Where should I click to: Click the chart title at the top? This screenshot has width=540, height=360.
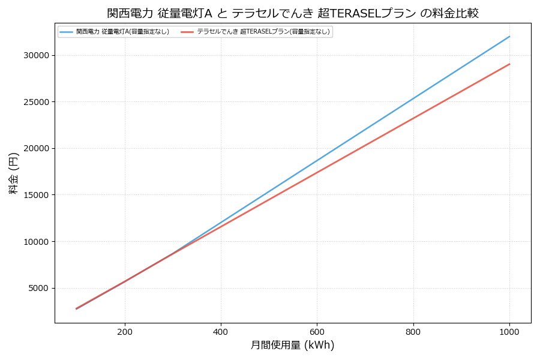point(293,13)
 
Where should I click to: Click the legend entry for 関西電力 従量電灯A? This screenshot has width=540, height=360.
point(122,32)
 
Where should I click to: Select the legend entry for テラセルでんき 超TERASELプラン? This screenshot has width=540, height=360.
point(263,32)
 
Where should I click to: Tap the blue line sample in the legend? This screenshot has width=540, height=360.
point(66,32)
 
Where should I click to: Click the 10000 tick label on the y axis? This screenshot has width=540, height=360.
point(37,242)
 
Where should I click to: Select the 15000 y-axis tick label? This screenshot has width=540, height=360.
point(37,195)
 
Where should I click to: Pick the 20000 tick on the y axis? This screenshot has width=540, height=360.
point(37,148)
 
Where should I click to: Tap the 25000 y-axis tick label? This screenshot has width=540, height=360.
point(37,102)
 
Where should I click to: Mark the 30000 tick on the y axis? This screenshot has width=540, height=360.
point(37,55)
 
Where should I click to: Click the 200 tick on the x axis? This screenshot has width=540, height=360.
point(125,331)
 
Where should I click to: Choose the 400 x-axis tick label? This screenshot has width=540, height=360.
point(221,331)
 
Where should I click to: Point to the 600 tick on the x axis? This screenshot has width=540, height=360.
point(317,331)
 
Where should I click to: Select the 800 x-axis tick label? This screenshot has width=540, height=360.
point(413,331)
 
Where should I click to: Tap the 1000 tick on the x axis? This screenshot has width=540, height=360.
point(509,331)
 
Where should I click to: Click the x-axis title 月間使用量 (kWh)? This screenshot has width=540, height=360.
point(292,346)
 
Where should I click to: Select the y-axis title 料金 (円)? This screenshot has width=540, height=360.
point(13,173)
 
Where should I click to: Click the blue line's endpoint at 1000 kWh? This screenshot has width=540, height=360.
point(509,37)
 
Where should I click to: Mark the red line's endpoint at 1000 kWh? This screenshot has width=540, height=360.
point(509,64)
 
